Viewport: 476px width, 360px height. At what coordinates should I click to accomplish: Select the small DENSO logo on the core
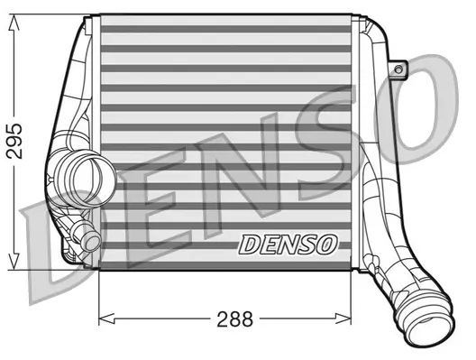tap(288, 245)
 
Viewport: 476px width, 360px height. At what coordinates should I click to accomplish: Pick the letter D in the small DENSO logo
tap(249, 245)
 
